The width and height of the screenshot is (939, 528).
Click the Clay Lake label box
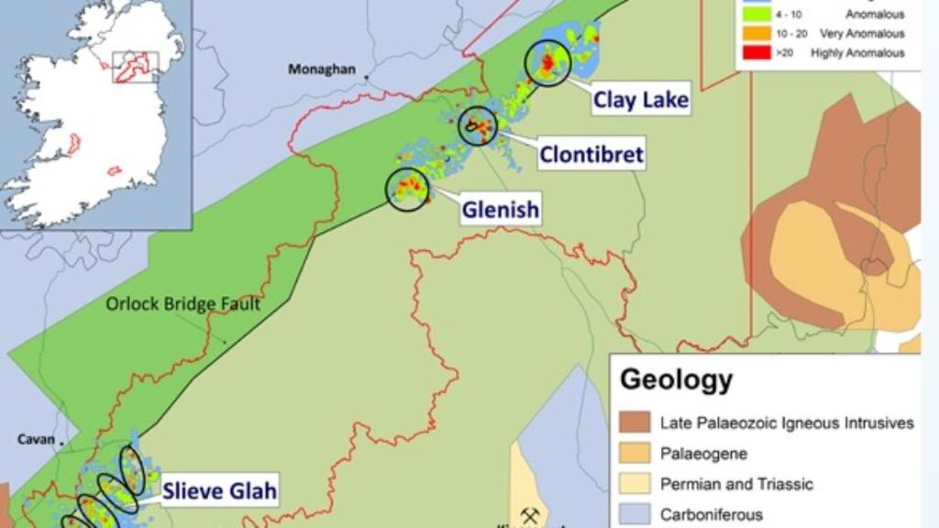tap(640, 99)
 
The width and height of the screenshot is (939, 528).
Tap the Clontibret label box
tap(591, 154)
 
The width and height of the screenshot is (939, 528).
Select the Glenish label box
tap(500, 210)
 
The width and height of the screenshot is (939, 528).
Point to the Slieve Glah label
tap(219, 491)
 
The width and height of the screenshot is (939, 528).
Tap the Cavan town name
tap(36, 439)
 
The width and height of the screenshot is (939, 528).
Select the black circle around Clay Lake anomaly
tap(547, 63)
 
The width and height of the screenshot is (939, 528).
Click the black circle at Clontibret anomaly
tap(477, 126)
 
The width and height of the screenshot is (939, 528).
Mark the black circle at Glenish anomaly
tap(406, 190)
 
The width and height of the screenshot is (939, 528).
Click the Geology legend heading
tap(676, 379)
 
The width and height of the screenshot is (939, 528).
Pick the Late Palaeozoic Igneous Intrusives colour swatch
tap(635, 423)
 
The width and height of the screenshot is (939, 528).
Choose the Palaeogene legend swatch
tap(635, 453)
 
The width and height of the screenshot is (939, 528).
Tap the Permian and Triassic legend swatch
tap(635, 484)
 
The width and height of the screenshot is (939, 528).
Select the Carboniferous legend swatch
tap(635, 514)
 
